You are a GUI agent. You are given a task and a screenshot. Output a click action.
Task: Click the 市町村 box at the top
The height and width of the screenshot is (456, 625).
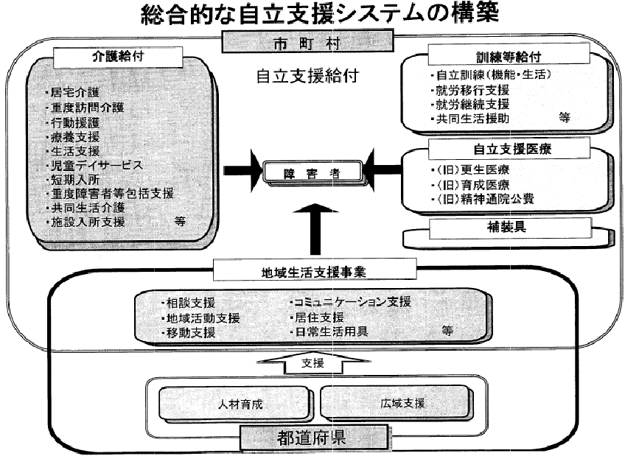tap(308, 42)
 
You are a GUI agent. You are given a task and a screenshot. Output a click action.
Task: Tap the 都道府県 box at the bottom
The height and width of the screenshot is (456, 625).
tap(313, 438)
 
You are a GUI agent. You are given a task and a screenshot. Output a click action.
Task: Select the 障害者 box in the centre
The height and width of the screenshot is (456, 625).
tap(312, 173)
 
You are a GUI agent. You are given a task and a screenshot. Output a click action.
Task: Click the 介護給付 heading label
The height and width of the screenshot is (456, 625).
tap(118, 57)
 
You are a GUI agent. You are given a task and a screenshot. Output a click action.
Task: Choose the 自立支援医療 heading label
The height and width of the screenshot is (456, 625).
tap(509, 149)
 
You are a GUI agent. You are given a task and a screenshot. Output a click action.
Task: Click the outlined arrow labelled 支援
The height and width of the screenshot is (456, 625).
tap(313, 362)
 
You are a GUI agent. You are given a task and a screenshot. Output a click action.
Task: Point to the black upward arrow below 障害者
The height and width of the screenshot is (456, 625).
tap(315, 228)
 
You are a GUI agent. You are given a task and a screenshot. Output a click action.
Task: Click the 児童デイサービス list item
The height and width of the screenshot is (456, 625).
tap(94, 165)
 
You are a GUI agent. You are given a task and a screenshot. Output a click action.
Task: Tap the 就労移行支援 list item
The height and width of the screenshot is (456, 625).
tap(470, 90)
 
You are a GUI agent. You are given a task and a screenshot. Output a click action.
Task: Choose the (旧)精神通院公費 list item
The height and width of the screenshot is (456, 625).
tap(483, 199)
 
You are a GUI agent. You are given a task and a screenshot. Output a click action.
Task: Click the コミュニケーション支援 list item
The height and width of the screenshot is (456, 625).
tap(350, 302)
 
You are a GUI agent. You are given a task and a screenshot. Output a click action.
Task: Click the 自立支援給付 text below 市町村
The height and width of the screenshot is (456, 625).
tap(307, 76)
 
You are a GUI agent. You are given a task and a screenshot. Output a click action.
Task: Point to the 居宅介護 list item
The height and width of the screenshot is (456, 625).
tap(73, 92)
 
